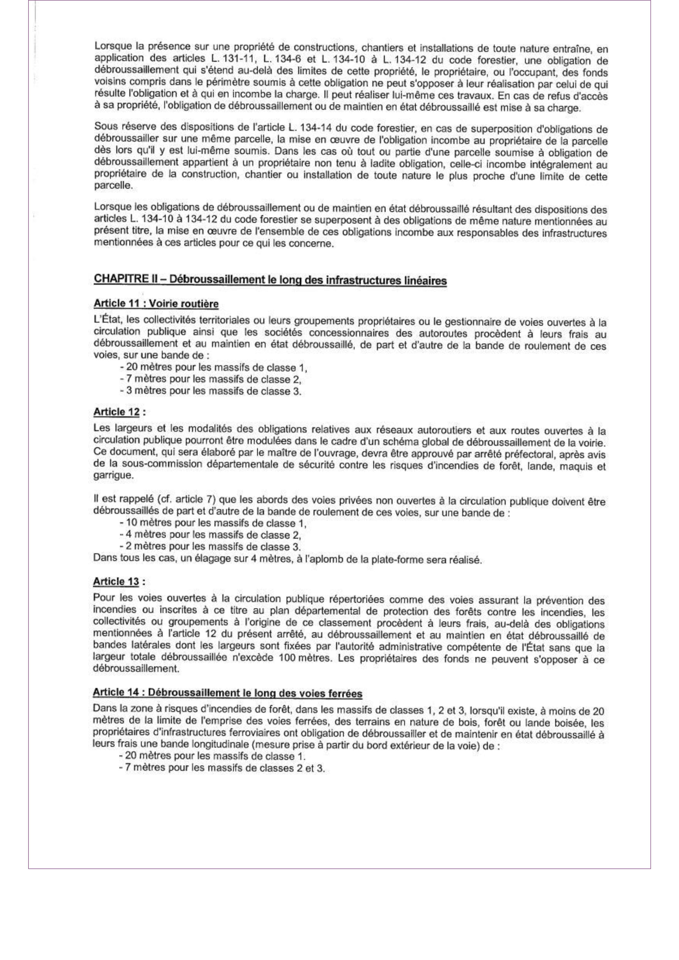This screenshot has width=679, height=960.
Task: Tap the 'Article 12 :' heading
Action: click(x=120, y=412)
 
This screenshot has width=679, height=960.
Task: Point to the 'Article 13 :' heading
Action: click(x=120, y=582)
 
